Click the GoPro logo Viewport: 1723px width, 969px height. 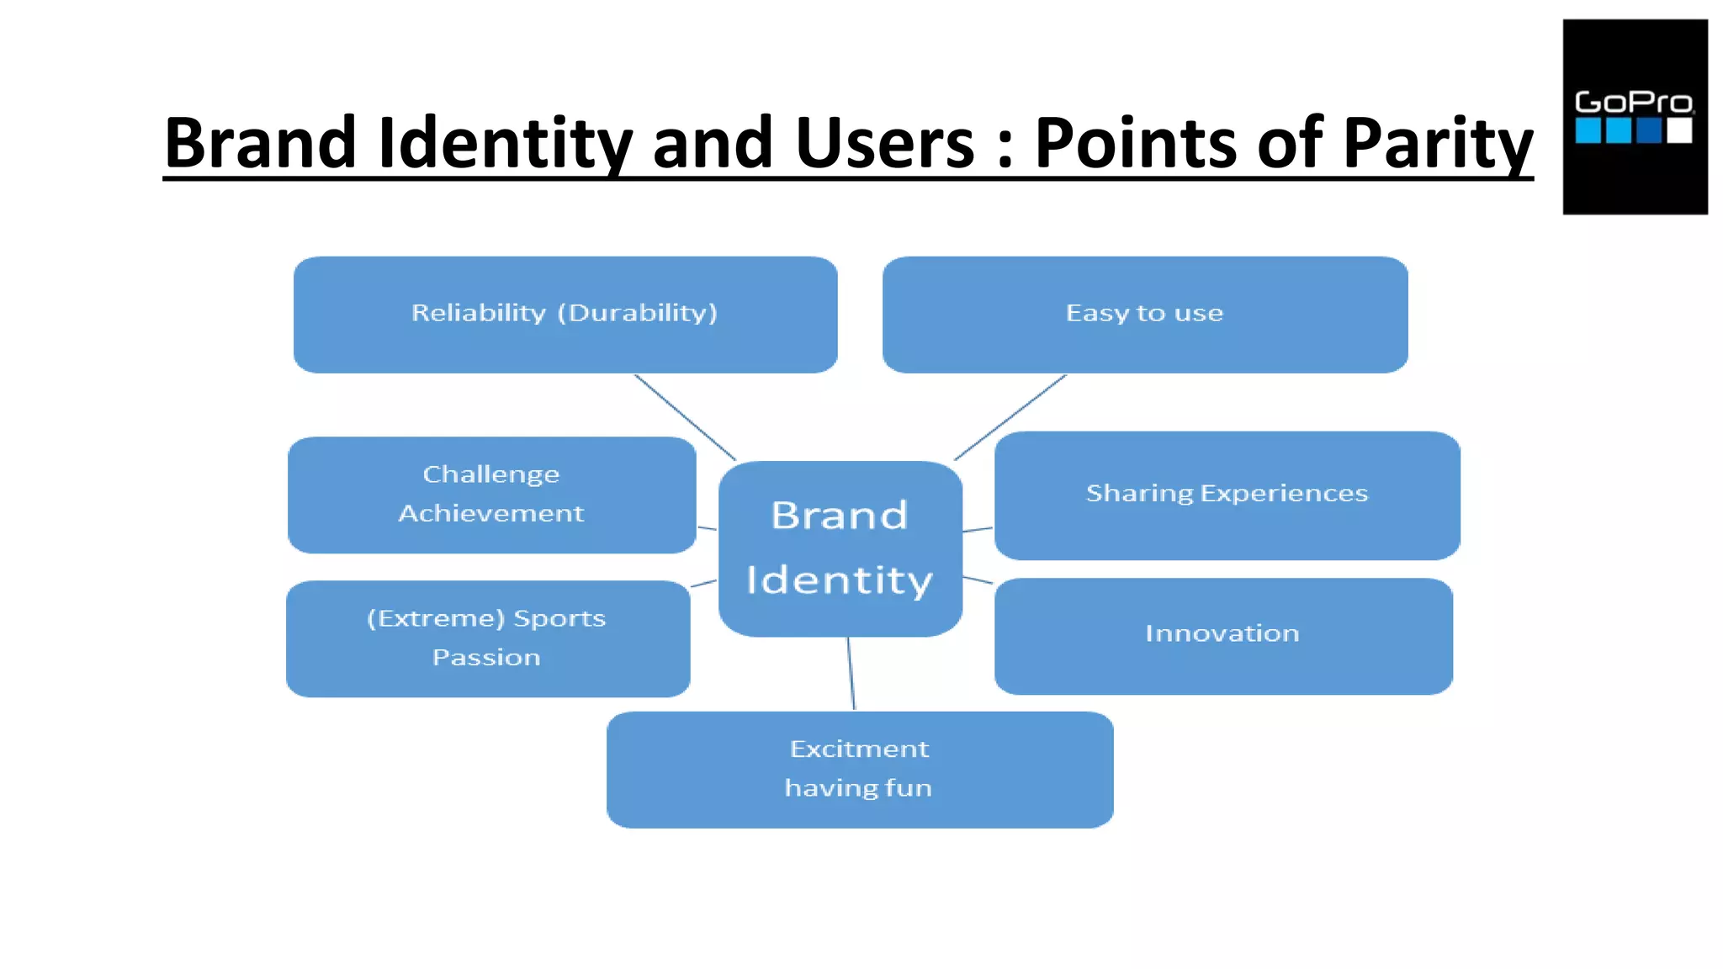click(x=1635, y=117)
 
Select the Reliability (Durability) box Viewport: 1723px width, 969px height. click(x=565, y=315)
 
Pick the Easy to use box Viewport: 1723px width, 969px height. click(x=1145, y=315)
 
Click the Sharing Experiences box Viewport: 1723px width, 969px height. click(x=1227, y=495)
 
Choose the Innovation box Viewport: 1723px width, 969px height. click(x=1223, y=636)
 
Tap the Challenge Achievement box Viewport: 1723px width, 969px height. click(x=491, y=495)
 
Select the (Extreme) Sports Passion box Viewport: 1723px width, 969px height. click(x=488, y=638)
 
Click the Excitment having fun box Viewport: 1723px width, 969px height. click(x=860, y=770)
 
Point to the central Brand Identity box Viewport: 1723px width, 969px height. click(x=840, y=548)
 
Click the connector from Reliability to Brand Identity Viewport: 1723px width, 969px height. click(x=685, y=417)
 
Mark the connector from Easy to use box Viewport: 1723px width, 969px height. click(x=1010, y=417)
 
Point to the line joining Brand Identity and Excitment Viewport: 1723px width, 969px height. click(x=851, y=673)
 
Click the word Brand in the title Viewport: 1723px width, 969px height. click(x=262, y=143)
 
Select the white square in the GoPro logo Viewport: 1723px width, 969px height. click(x=1679, y=130)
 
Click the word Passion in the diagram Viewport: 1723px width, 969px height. click(x=486, y=657)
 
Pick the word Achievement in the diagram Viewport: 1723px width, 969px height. click(x=491, y=513)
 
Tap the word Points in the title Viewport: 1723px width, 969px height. click(x=1136, y=143)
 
